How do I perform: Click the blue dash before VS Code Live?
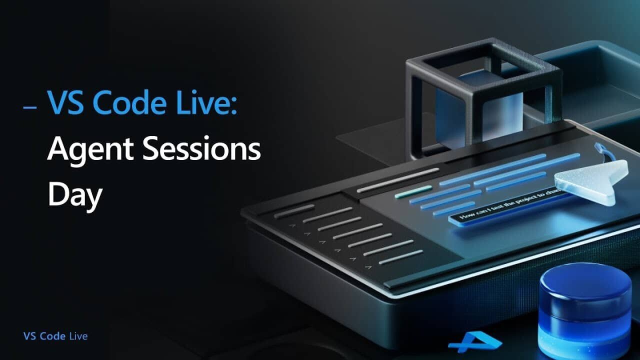(x=30, y=107)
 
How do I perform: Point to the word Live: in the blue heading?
(x=209, y=103)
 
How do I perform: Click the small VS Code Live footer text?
(x=55, y=336)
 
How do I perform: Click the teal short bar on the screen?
(x=413, y=191)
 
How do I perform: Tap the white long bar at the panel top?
(x=397, y=180)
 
